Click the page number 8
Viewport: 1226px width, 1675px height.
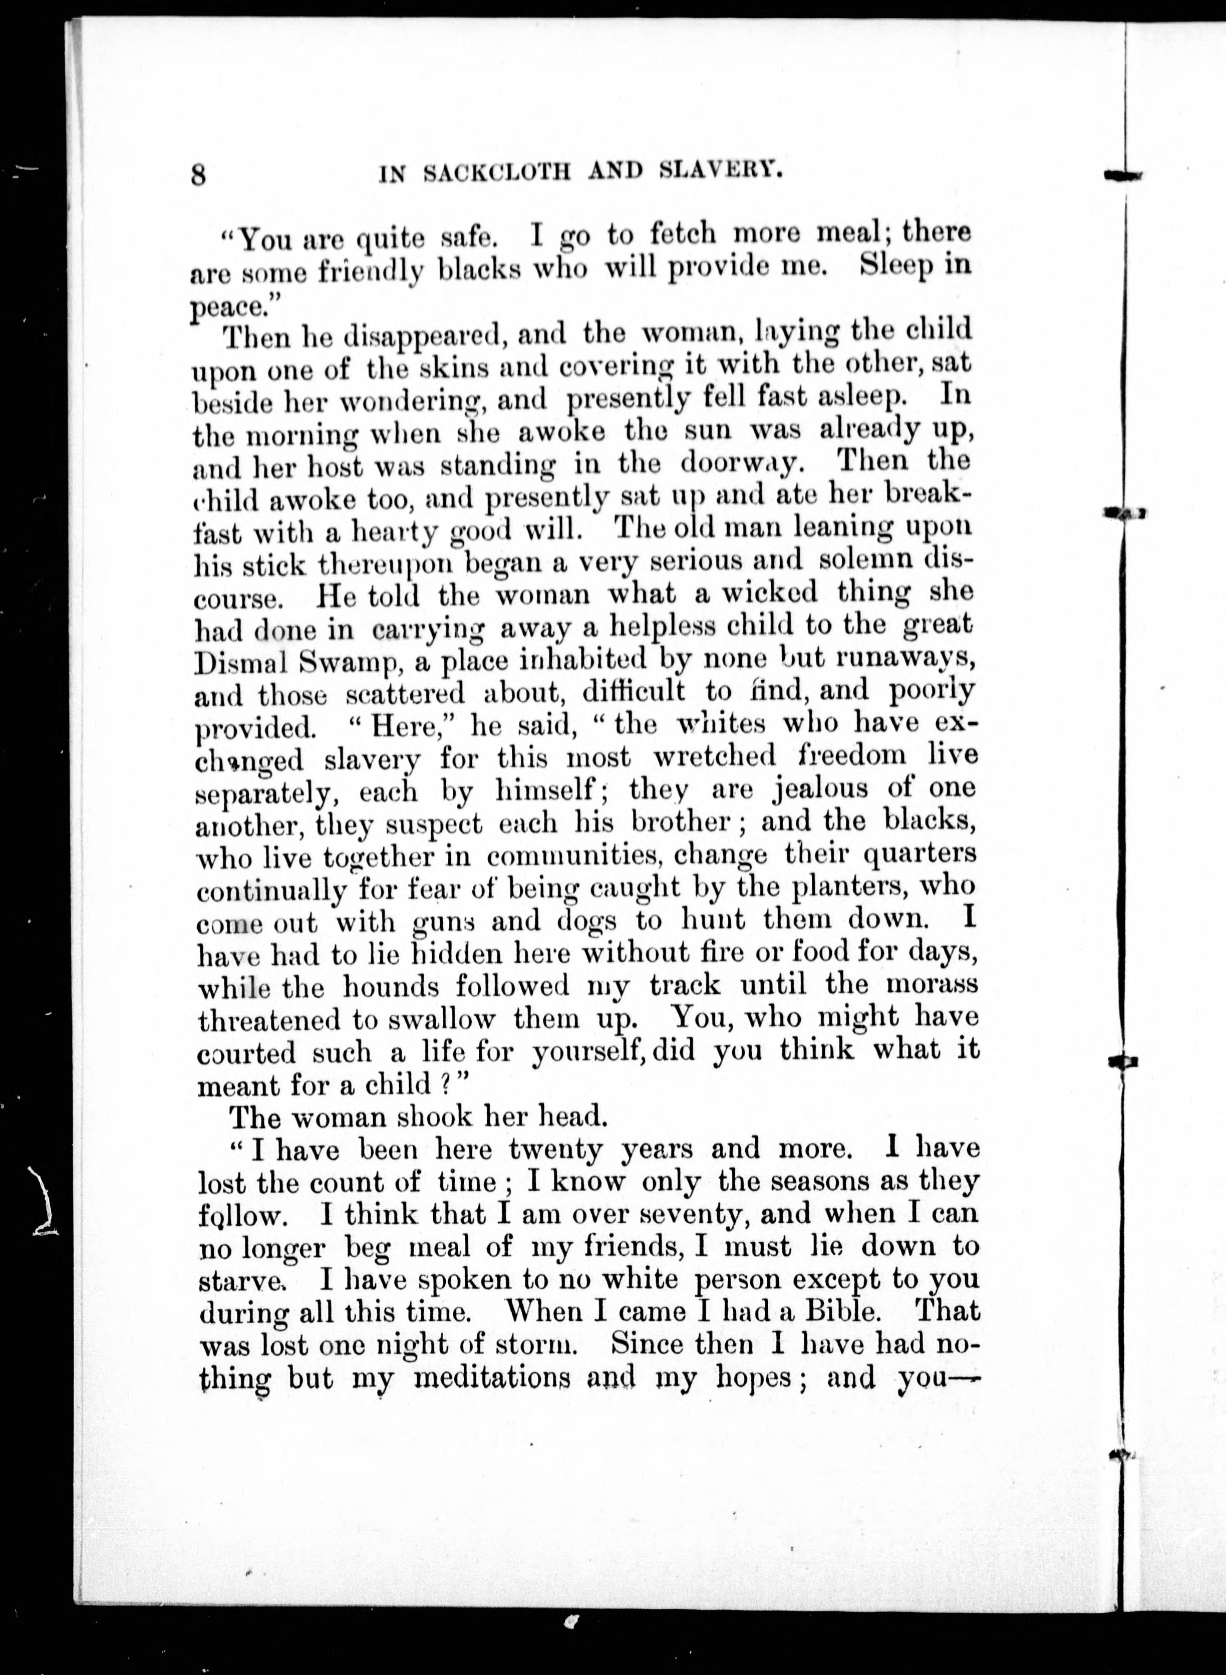[x=198, y=175]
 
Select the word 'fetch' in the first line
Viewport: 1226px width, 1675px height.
[x=683, y=234]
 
